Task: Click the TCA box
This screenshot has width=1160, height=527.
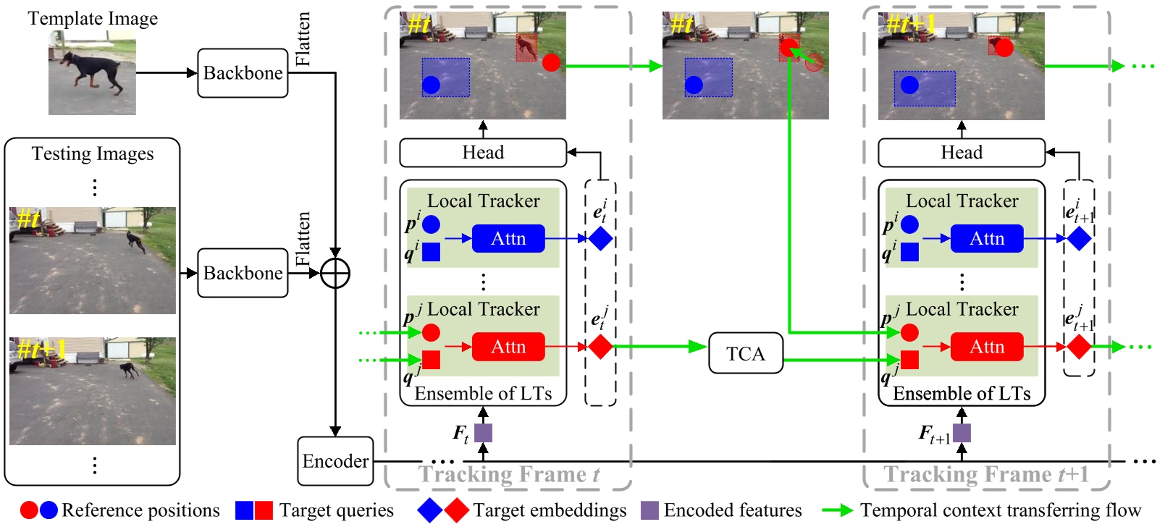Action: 745,353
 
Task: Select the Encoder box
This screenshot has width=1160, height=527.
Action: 335,461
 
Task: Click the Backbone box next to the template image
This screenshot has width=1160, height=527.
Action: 243,73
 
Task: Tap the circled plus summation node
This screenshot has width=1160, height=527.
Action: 335,274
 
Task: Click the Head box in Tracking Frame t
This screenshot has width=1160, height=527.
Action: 483,153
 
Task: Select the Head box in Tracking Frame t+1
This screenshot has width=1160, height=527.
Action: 961,153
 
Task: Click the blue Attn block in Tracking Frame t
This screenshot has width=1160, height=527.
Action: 508,238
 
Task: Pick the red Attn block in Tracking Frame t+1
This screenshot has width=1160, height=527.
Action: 986,347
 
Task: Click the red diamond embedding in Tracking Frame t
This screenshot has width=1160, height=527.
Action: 600,347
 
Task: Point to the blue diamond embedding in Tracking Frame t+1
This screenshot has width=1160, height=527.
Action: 1078,238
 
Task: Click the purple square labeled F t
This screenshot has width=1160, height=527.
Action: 483,433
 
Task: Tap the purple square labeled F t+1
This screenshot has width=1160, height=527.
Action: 962,433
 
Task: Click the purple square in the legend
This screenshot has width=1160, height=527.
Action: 650,510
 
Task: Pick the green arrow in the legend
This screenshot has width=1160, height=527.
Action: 838,510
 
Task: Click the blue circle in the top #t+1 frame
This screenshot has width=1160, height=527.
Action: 909,85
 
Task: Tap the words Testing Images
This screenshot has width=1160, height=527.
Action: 93,153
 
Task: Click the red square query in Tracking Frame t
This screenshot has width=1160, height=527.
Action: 431,360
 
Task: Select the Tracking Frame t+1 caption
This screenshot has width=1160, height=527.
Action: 985,475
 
